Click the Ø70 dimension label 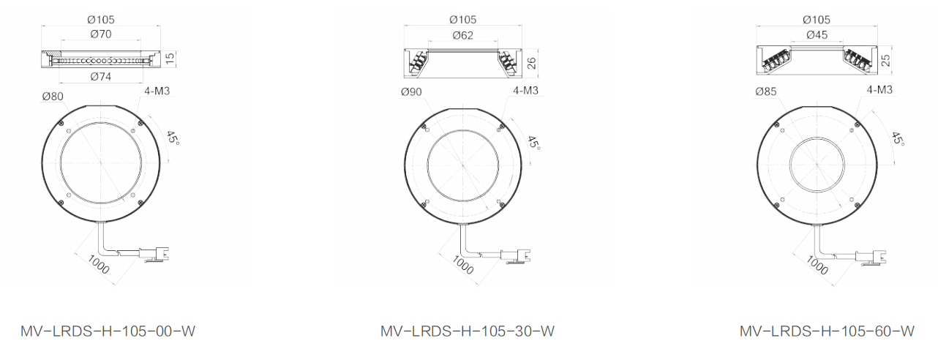(x=101, y=34)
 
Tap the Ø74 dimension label (x=101, y=77)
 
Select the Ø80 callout (x=53, y=97)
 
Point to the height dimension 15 (x=170, y=59)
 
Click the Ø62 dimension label (x=462, y=36)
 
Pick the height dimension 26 (x=531, y=63)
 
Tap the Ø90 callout (x=411, y=91)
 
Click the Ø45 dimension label (x=817, y=35)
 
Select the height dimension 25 (x=885, y=61)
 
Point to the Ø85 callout (x=766, y=91)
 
